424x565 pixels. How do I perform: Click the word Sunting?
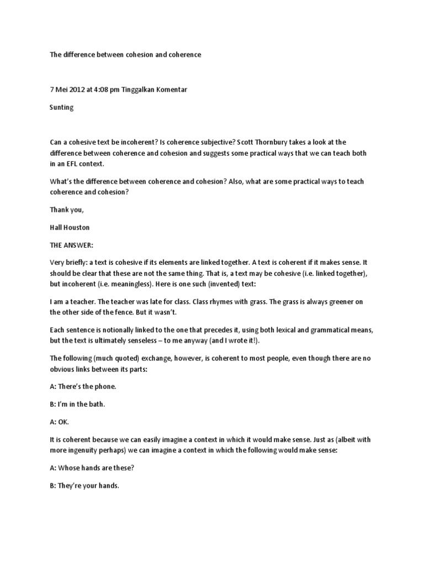[61, 108]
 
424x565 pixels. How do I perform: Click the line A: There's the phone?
[83, 387]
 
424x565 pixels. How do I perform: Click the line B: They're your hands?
[84, 487]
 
